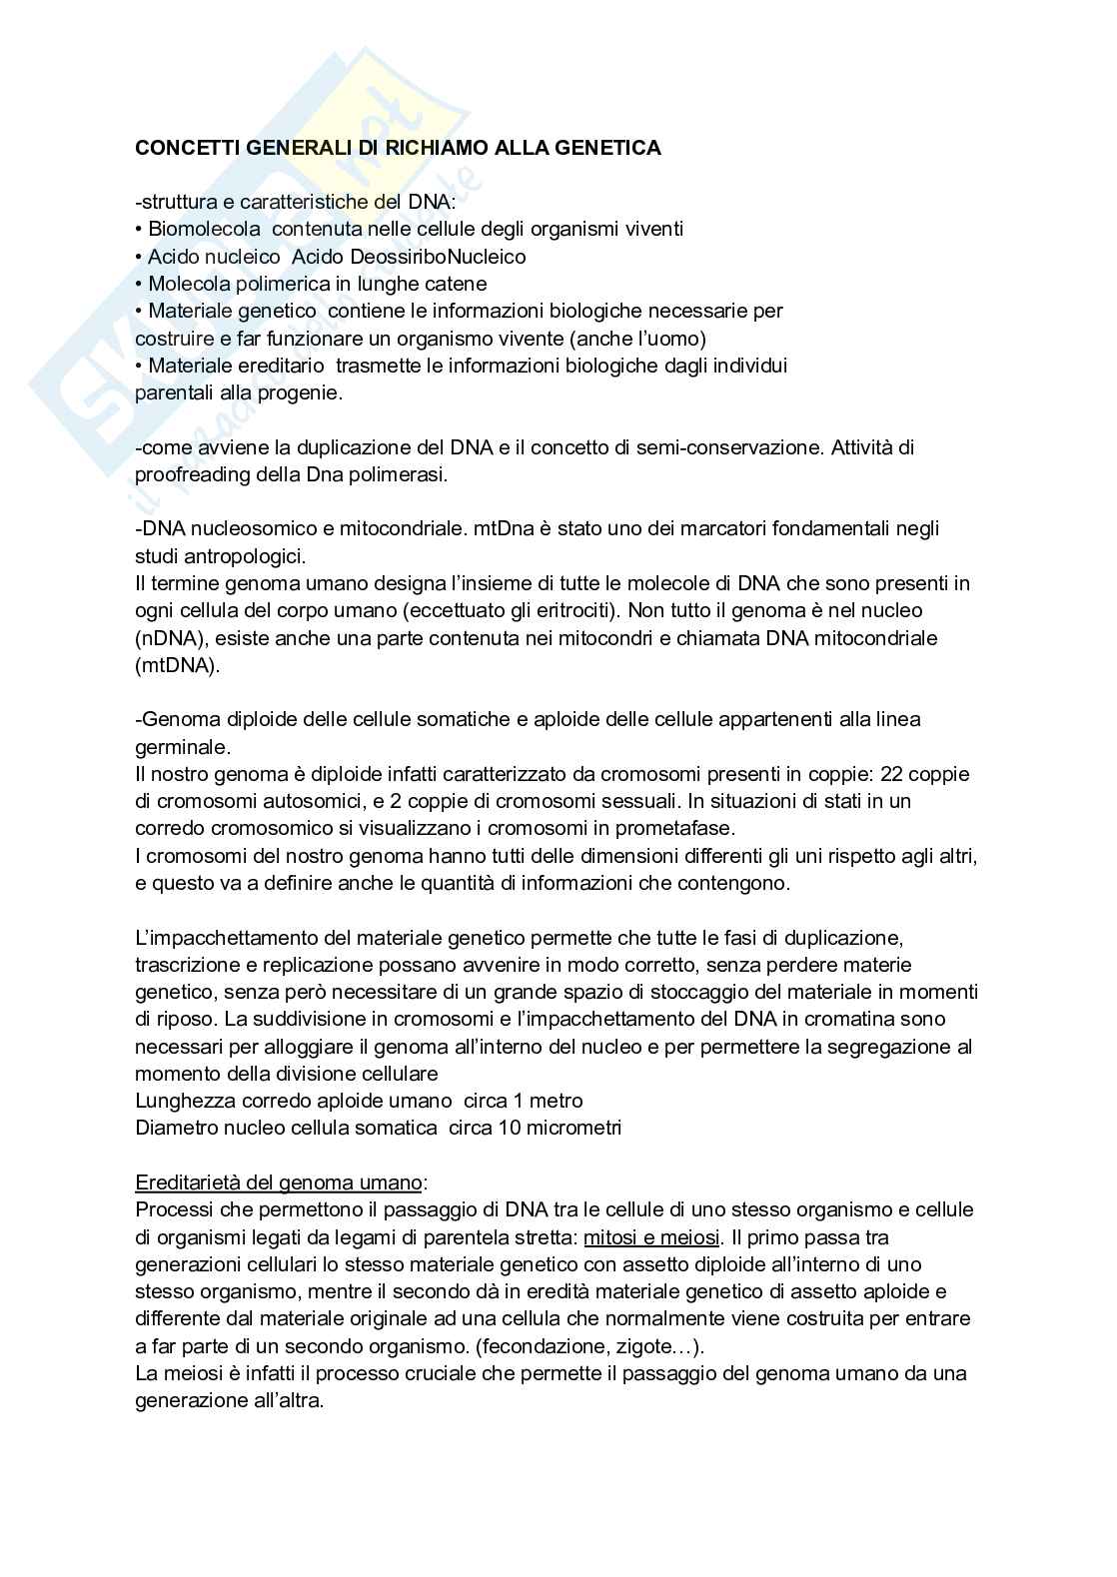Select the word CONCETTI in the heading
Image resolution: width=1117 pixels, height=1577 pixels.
(180, 148)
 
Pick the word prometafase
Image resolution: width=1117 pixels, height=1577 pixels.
(679, 828)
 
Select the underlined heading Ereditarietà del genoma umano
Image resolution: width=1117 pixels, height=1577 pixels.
(278, 1183)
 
